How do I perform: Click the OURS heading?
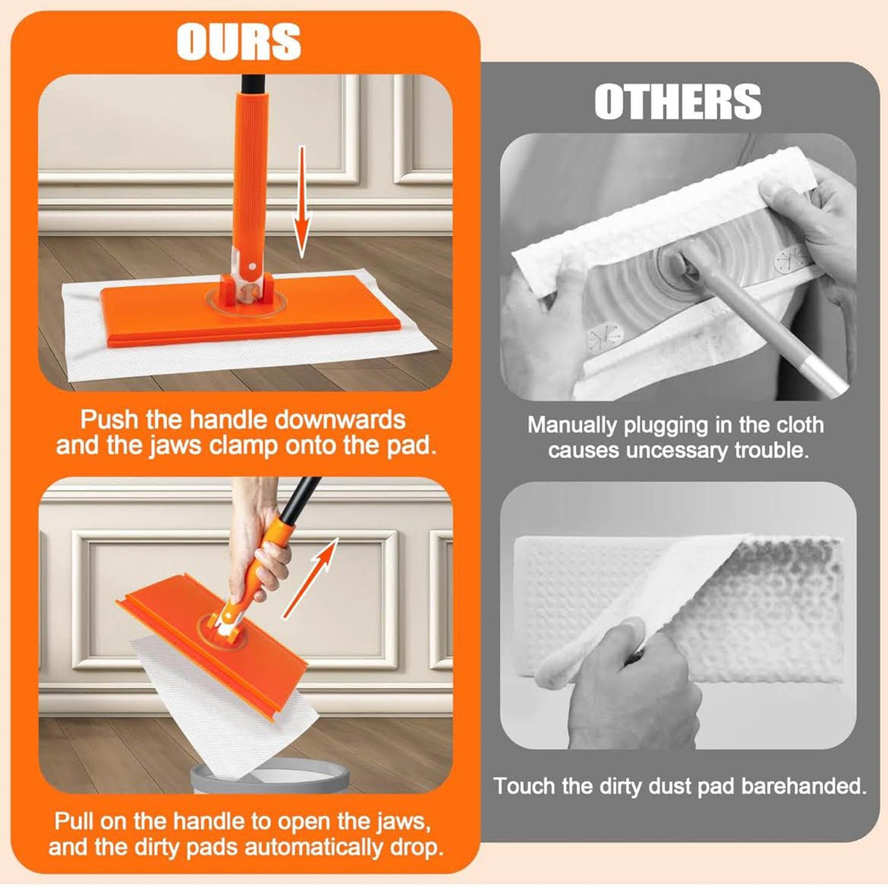pos(238,42)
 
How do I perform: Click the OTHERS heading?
pos(677,102)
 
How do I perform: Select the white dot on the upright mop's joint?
pos(251,266)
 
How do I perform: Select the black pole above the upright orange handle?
pos(253,84)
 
